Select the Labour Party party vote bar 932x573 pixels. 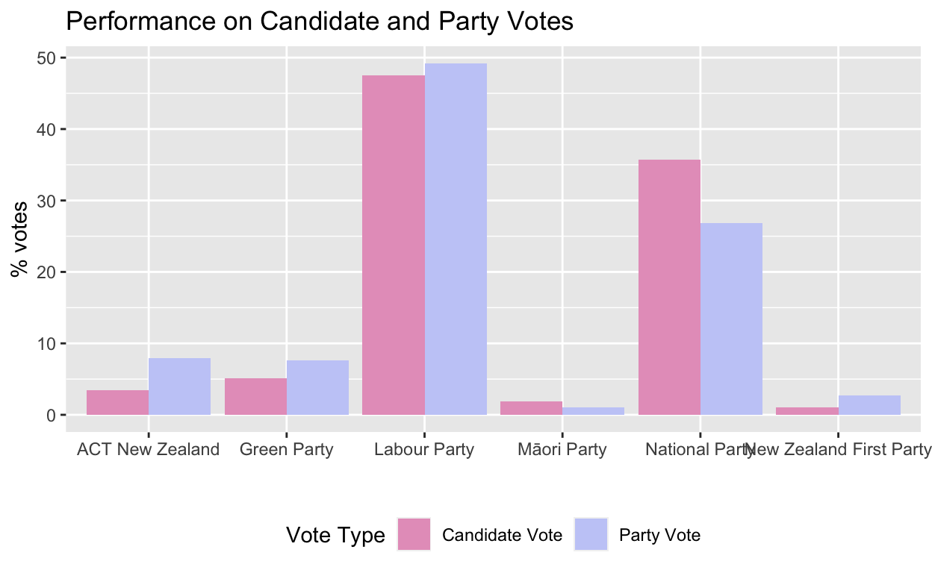click(x=456, y=239)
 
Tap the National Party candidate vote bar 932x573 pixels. click(x=669, y=287)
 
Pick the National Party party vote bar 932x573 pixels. click(x=732, y=319)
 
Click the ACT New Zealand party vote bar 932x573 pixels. click(x=180, y=386)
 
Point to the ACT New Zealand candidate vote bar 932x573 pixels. click(x=117, y=402)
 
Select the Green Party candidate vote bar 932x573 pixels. click(x=255, y=396)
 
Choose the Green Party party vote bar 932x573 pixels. click(x=318, y=387)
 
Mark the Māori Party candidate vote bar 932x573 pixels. click(x=531, y=408)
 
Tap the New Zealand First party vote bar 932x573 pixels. click(x=869, y=405)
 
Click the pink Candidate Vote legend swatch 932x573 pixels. click(x=414, y=534)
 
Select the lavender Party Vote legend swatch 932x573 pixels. click(x=591, y=534)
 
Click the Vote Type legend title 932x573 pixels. click(x=335, y=535)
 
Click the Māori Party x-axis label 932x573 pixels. click(x=562, y=450)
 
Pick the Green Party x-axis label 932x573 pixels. click(x=286, y=450)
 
